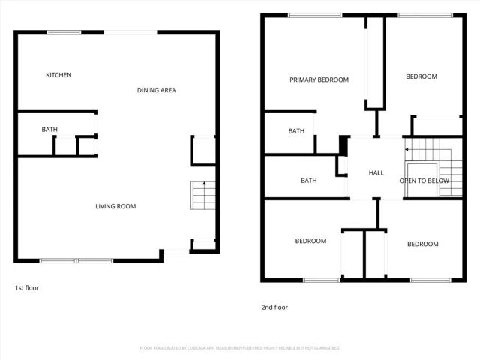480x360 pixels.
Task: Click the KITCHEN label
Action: click(x=58, y=75)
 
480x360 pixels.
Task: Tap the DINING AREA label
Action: click(x=156, y=90)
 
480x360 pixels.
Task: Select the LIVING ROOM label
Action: click(x=115, y=206)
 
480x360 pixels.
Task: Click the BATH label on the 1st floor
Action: click(x=49, y=130)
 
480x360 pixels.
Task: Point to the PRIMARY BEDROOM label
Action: click(x=319, y=79)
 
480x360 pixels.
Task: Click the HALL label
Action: click(x=376, y=173)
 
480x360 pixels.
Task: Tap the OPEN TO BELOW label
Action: click(x=424, y=181)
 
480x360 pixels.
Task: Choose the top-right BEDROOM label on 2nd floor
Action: click(x=421, y=76)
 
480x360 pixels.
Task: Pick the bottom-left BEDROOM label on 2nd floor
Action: click(x=310, y=241)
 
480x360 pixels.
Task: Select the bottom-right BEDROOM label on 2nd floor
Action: click(x=422, y=244)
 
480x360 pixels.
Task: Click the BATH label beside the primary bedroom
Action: click(x=296, y=131)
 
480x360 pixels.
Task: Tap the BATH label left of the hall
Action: click(x=308, y=181)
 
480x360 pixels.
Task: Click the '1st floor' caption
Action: click(x=27, y=288)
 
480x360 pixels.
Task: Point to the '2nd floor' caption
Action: click(x=274, y=307)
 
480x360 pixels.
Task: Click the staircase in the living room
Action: click(x=202, y=196)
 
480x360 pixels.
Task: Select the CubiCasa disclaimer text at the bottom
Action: click(x=240, y=348)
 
